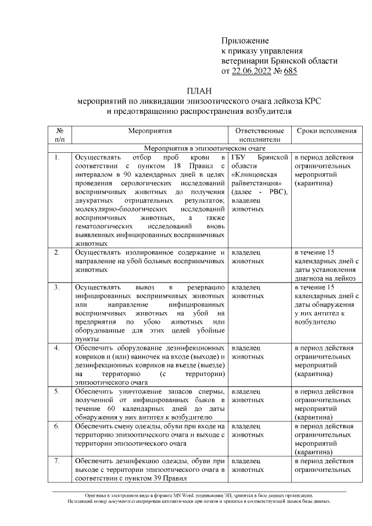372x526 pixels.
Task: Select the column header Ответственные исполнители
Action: (259, 135)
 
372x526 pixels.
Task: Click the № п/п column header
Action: (60, 135)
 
